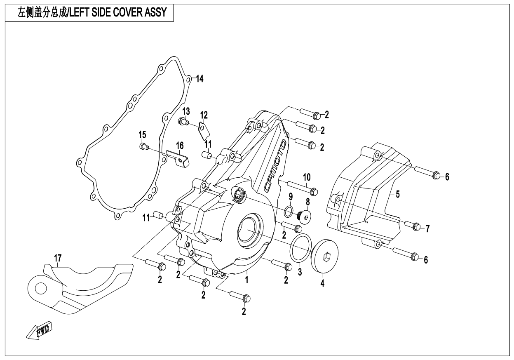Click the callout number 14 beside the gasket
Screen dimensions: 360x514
pyautogui.click(x=199, y=79)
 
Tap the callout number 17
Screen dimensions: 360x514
pyautogui.click(x=58, y=258)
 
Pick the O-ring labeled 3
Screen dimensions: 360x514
pyautogui.click(x=301, y=248)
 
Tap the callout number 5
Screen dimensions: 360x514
pyautogui.click(x=398, y=194)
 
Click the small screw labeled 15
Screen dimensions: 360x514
pyautogui.click(x=143, y=146)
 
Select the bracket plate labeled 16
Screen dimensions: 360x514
pyautogui.click(x=180, y=158)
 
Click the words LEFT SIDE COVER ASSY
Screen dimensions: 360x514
pyautogui.click(x=119, y=13)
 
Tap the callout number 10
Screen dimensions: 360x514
pyautogui.click(x=307, y=177)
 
